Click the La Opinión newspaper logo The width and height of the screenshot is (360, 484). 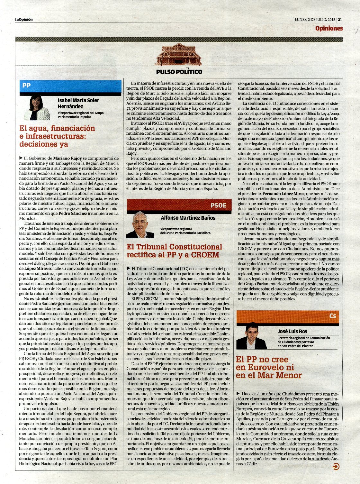pos(24,19)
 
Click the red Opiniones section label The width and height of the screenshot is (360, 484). pos(329,28)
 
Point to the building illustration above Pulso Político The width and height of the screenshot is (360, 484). pos(178,55)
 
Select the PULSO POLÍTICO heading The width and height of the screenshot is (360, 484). pos(179,72)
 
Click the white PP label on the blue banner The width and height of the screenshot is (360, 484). pos(26,86)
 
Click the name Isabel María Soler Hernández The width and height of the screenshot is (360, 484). pos(78,103)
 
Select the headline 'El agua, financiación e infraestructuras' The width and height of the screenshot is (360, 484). pos(57,136)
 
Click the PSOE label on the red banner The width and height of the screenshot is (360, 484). pos(218,205)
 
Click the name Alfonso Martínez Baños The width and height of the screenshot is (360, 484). pos(188,218)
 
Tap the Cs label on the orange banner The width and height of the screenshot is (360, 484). pos(333,316)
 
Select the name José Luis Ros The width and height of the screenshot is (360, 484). pos(292,331)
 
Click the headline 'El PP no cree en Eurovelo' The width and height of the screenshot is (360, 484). pos(269,367)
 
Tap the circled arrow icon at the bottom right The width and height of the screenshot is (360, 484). pos(336,467)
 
